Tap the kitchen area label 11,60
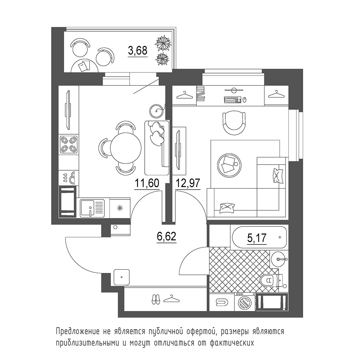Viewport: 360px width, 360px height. point(147,183)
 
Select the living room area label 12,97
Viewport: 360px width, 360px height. point(188,183)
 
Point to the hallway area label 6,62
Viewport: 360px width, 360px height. point(166,236)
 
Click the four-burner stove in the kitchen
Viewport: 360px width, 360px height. point(69,144)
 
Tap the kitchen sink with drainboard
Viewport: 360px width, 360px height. point(92,208)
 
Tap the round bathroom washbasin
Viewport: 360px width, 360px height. point(279,259)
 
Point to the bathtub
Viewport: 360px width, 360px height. point(260,237)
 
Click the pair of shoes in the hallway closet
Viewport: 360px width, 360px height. point(156,300)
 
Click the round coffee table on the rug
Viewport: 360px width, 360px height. point(229,165)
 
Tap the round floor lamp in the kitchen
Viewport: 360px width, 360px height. point(157,111)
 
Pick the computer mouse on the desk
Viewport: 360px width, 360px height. point(245,100)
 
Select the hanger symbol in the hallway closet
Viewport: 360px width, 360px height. point(171,300)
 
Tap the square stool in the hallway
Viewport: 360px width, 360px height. point(122,277)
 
